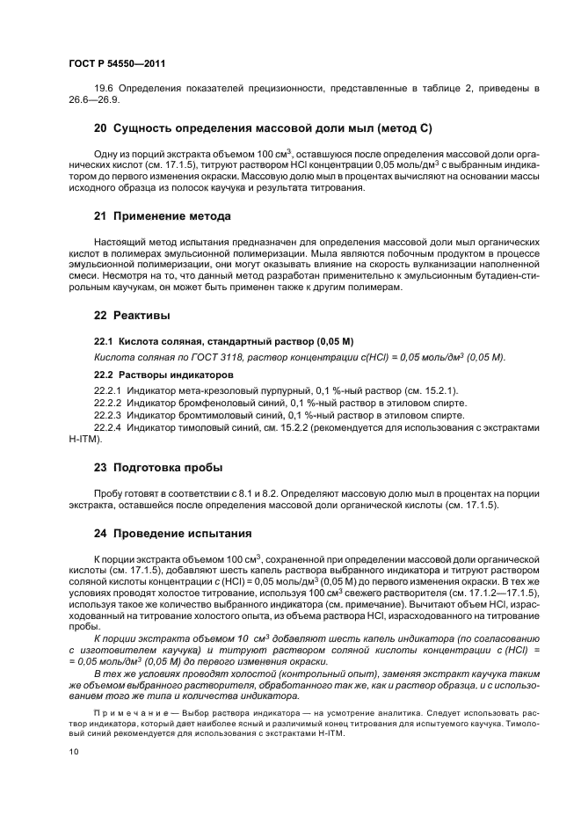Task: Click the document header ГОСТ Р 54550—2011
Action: coord(117,64)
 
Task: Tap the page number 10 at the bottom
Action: coord(73,751)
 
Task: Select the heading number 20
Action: coord(101,128)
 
